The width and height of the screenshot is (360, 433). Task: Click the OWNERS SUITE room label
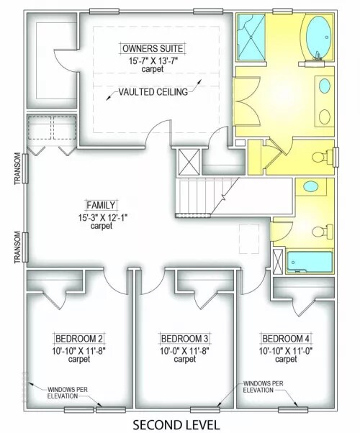pyautogui.click(x=153, y=49)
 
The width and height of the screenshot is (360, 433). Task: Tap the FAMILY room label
pyautogui.click(x=101, y=205)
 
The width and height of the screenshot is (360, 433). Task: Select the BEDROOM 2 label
pyautogui.click(x=79, y=339)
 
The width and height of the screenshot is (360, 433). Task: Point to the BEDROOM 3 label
pyautogui.click(x=185, y=339)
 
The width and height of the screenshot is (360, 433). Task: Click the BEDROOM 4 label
pyautogui.click(x=286, y=339)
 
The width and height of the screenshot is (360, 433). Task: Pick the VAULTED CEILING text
pyautogui.click(x=153, y=91)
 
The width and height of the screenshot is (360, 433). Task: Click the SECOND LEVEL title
pyautogui.click(x=176, y=424)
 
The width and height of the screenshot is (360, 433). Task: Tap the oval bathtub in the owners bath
pyautogui.click(x=318, y=38)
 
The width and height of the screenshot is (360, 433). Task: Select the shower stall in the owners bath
pyautogui.click(x=251, y=37)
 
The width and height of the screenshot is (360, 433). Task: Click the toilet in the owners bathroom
pyautogui.click(x=322, y=157)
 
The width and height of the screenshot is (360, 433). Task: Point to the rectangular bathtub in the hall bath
pyautogui.click(x=309, y=262)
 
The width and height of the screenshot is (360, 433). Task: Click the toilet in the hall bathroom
pyautogui.click(x=323, y=232)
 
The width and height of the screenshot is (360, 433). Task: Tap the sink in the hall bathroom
pyautogui.click(x=310, y=186)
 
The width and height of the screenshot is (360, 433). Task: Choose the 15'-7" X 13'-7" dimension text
pyautogui.click(x=153, y=60)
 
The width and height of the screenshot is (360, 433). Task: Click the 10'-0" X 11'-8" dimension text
pyautogui.click(x=184, y=351)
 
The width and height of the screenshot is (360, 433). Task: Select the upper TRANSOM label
pyautogui.click(x=17, y=168)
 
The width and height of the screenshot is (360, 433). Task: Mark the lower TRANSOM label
pyautogui.click(x=17, y=247)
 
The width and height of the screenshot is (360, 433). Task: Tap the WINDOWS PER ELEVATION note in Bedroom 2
pyautogui.click(x=67, y=393)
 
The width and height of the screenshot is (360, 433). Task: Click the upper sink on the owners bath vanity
pyautogui.click(x=325, y=86)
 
